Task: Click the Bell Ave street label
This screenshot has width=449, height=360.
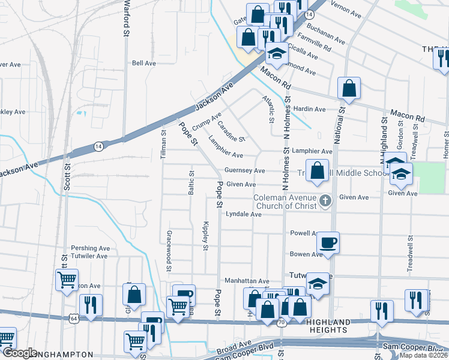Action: point(144,63)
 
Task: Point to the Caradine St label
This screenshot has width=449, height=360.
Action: point(231,131)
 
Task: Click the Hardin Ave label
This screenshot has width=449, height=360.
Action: point(309,109)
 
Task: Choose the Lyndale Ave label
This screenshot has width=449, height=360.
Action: point(243,214)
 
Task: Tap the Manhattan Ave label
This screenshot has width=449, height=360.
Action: point(247,281)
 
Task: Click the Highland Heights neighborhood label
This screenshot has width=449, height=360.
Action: point(328,326)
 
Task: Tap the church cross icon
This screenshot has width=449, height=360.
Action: point(325,200)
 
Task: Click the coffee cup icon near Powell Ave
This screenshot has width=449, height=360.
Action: point(328,243)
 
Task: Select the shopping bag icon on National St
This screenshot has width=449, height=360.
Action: point(349,89)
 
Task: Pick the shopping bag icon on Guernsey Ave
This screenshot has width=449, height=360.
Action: point(318,171)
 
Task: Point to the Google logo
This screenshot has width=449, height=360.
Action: point(19,353)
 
